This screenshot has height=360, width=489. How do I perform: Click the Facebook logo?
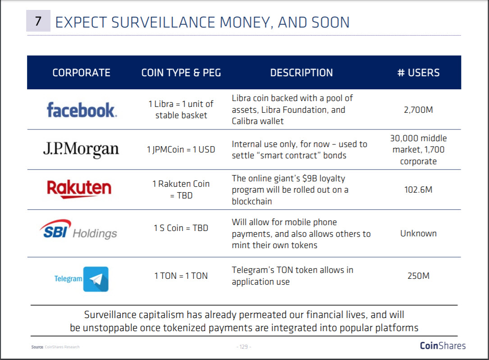pyautogui.click(x=82, y=110)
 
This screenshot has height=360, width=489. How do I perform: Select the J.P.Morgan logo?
pyautogui.click(x=81, y=149)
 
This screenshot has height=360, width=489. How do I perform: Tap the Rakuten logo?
pyautogui.click(x=79, y=189)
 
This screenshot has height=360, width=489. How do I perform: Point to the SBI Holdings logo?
pyautogui.click(x=78, y=230)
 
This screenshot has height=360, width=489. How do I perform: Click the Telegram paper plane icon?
pyautogui.click(x=96, y=279)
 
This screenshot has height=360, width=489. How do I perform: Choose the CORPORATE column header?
pyautogui.click(x=82, y=73)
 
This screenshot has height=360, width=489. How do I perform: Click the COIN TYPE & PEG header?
pyautogui.click(x=181, y=73)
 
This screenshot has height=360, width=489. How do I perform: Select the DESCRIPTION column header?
pyautogui.click(x=302, y=73)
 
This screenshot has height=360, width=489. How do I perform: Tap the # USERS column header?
pyautogui.click(x=418, y=73)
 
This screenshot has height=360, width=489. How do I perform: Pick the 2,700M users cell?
pyautogui.click(x=418, y=110)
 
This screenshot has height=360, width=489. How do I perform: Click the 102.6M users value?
pyautogui.click(x=418, y=189)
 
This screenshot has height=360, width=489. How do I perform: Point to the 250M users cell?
pyautogui.click(x=418, y=276)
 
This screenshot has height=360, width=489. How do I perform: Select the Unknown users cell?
pyautogui.click(x=418, y=233)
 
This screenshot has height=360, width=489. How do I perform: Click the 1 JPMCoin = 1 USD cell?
pyautogui.click(x=181, y=149)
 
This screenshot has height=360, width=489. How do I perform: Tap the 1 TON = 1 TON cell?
pyautogui.click(x=181, y=276)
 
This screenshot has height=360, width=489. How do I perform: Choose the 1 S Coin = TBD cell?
pyautogui.click(x=181, y=228)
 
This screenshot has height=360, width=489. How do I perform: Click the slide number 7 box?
pyautogui.click(x=38, y=21)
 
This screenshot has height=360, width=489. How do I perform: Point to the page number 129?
pyautogui.click(x=244, y=346)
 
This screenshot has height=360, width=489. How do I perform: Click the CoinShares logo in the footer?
pyautogui.click(x=443, y=346)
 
